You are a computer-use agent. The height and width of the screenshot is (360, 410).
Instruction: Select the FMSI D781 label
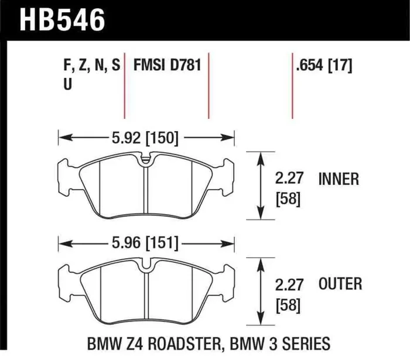point(168,66)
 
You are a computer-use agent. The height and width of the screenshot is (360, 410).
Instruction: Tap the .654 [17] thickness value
point(324,66)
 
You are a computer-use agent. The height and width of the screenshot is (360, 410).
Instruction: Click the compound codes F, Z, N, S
point(91,66)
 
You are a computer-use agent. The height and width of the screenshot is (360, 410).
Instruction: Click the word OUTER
point(340,284)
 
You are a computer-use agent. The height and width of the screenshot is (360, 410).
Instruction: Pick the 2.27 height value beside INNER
point(288,179)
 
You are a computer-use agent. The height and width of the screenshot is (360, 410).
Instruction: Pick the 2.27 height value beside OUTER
point(288,284)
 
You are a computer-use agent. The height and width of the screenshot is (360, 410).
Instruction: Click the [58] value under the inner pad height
point(288,199)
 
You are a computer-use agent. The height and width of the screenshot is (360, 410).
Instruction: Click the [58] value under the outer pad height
point(288,305)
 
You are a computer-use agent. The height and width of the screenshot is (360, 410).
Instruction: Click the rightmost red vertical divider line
point(292,88)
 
